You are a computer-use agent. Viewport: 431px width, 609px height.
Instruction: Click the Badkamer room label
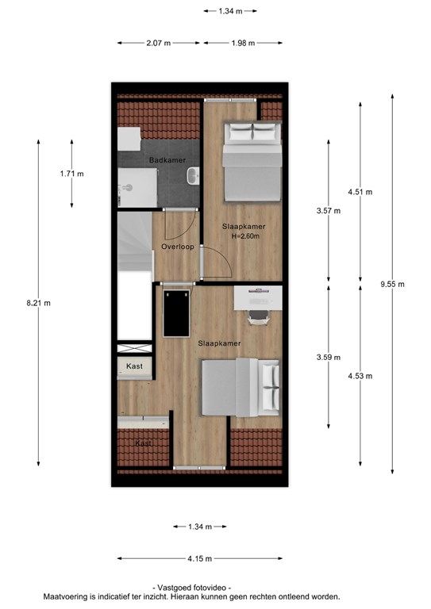(167, 160)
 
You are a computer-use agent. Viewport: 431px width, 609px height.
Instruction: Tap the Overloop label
(178, 247)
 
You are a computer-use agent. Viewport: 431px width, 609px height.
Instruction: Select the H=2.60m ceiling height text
(245, 236)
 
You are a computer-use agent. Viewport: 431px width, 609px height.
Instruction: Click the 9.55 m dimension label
(393, 285)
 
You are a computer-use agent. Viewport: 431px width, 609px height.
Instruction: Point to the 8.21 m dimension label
(38, 304)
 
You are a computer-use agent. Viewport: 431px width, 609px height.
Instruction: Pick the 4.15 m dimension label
(200, 559)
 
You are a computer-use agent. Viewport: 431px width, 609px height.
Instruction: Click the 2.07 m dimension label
(159, 43)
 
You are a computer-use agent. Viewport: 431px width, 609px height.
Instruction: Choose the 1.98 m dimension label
(244, 43)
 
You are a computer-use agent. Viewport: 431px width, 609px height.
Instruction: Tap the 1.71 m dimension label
(72, 174)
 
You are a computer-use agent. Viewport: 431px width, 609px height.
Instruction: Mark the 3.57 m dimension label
(329, 211)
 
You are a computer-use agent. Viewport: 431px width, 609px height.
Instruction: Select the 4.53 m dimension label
(360, 376)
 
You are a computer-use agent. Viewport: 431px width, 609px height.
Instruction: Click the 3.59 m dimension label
(329, 358)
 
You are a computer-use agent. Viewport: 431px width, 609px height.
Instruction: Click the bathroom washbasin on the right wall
(193, 176)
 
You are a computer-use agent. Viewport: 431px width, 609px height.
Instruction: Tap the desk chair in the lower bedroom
(259, 317)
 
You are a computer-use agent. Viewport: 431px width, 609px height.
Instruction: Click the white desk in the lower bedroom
(258, 298)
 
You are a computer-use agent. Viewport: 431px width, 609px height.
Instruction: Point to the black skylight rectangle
(176, 314)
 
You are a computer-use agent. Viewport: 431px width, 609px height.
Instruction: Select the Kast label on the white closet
(134, 366)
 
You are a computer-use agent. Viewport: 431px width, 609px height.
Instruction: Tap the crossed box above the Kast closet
(134, 348)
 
